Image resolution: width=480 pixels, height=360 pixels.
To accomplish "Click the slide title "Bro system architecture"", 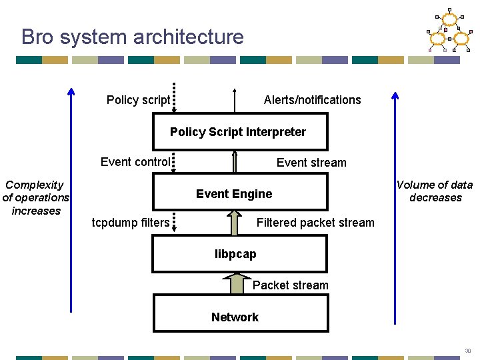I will pos(133,37).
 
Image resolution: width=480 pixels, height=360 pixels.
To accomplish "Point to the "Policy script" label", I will pos(138,100).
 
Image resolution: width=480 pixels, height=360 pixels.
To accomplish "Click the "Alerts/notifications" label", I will pos(312,100).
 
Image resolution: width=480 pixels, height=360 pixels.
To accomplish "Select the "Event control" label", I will pos(135,161).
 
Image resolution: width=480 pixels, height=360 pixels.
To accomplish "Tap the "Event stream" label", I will pos(311,162).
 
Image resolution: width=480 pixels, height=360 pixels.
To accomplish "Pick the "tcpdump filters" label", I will pos(131,222).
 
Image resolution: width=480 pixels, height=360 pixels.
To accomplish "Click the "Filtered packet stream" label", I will pos(315,222).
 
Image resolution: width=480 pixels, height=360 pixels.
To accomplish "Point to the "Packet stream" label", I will pos(290,285).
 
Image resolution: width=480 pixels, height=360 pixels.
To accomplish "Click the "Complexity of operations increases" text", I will pos(36,197).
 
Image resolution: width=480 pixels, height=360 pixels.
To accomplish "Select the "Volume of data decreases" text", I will pos(435,191).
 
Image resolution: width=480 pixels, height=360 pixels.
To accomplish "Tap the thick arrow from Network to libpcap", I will pos(236,284).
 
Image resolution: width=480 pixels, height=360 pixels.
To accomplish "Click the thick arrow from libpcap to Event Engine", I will pos(234,223).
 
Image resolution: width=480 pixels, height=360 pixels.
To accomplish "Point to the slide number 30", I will pos(467,351).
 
